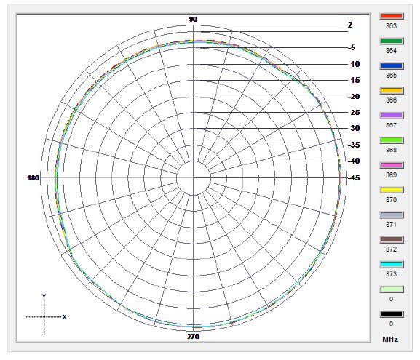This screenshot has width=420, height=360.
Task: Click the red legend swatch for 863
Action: (392, 16)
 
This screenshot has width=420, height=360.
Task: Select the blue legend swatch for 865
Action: (392, 65)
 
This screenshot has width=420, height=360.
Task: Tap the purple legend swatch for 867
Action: (392, 116)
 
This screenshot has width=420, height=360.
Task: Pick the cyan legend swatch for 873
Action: (392, 265)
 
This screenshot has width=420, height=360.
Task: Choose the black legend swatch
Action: (392, 314)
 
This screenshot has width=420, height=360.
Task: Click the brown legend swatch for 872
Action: (392, 240)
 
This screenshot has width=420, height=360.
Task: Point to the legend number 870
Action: (392, 200)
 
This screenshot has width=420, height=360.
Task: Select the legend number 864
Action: (392, 51)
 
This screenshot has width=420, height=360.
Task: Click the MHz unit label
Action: (392, 340)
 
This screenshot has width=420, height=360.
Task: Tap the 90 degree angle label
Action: (193, 20)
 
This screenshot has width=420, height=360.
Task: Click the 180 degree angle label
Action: (33, 178)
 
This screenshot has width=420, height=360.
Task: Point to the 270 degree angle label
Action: (193, 337)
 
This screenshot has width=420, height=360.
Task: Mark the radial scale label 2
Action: (350, 25)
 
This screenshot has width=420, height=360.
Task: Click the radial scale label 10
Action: (354, 65)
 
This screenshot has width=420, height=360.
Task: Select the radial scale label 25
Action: (354, 113)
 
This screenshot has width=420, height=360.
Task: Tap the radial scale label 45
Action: (354, 178)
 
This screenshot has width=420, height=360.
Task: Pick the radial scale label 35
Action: (354, 145)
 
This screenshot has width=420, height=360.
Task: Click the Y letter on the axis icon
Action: (44, 297)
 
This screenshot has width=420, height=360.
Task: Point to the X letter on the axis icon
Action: (65, 317)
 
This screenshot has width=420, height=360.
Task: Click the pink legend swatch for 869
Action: (392, 165)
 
